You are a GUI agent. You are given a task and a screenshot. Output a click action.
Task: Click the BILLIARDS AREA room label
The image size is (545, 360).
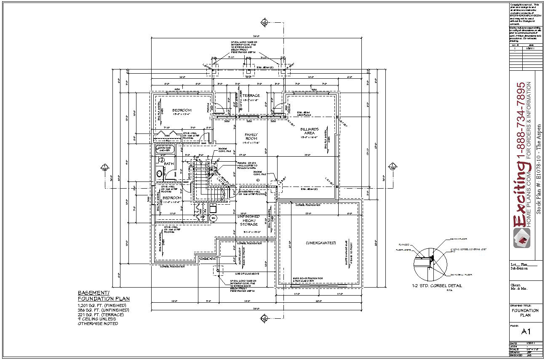[309, 131]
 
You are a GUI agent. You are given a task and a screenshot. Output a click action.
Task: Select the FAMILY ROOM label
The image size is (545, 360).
[251, 136]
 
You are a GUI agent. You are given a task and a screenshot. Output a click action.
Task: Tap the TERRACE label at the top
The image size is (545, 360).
[251, 96]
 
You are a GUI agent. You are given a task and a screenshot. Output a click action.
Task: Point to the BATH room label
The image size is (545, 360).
[169, 164]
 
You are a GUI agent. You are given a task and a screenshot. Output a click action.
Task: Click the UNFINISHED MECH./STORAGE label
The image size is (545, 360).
[248, 220]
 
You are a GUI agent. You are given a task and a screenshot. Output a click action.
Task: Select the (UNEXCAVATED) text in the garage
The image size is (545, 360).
[321, 243]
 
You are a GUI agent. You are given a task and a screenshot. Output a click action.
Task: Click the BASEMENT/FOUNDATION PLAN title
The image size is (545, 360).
[104, 296]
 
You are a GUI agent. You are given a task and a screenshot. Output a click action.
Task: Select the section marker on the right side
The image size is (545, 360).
[392, 167]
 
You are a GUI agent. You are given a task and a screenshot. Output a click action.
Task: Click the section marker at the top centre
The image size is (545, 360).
[264, 22]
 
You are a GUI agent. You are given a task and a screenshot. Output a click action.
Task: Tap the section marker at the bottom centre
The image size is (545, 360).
[264, 317]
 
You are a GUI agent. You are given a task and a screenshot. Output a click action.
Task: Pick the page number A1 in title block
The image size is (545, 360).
[526, 332]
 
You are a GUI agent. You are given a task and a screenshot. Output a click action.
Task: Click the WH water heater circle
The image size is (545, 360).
[214, 218]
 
